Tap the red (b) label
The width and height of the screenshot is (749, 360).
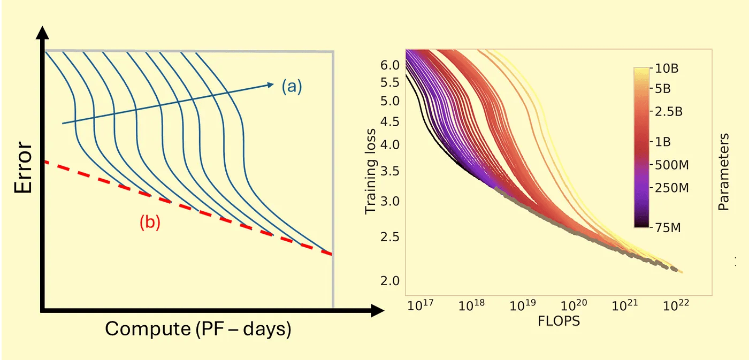tap(150, 223)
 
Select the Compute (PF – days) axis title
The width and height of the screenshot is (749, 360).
tap(198, 328)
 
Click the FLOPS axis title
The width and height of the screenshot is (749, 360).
tap(559, 321)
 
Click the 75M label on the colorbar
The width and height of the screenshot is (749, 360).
tap(665, 228)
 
